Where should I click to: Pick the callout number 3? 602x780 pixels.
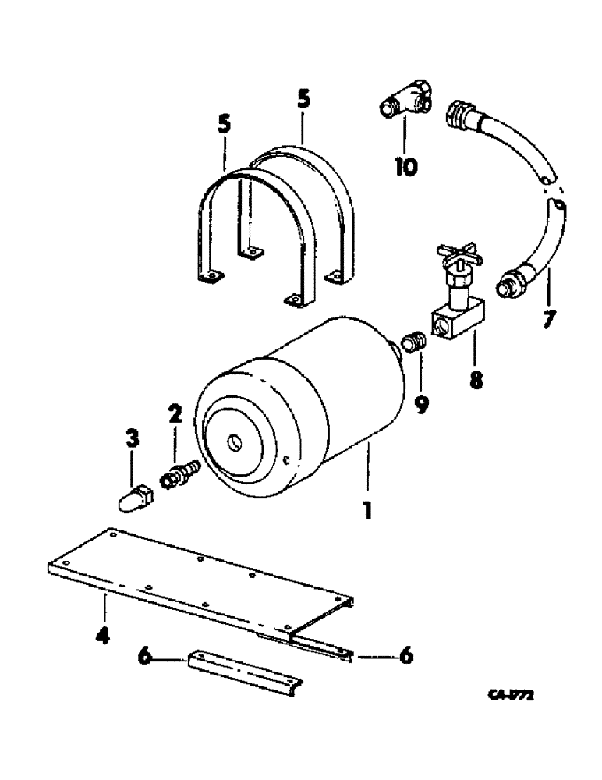[x=133, y=440]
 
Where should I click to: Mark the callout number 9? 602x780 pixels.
[x=421, y=405]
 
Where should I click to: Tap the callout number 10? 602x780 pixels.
[x=405, y=166]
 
